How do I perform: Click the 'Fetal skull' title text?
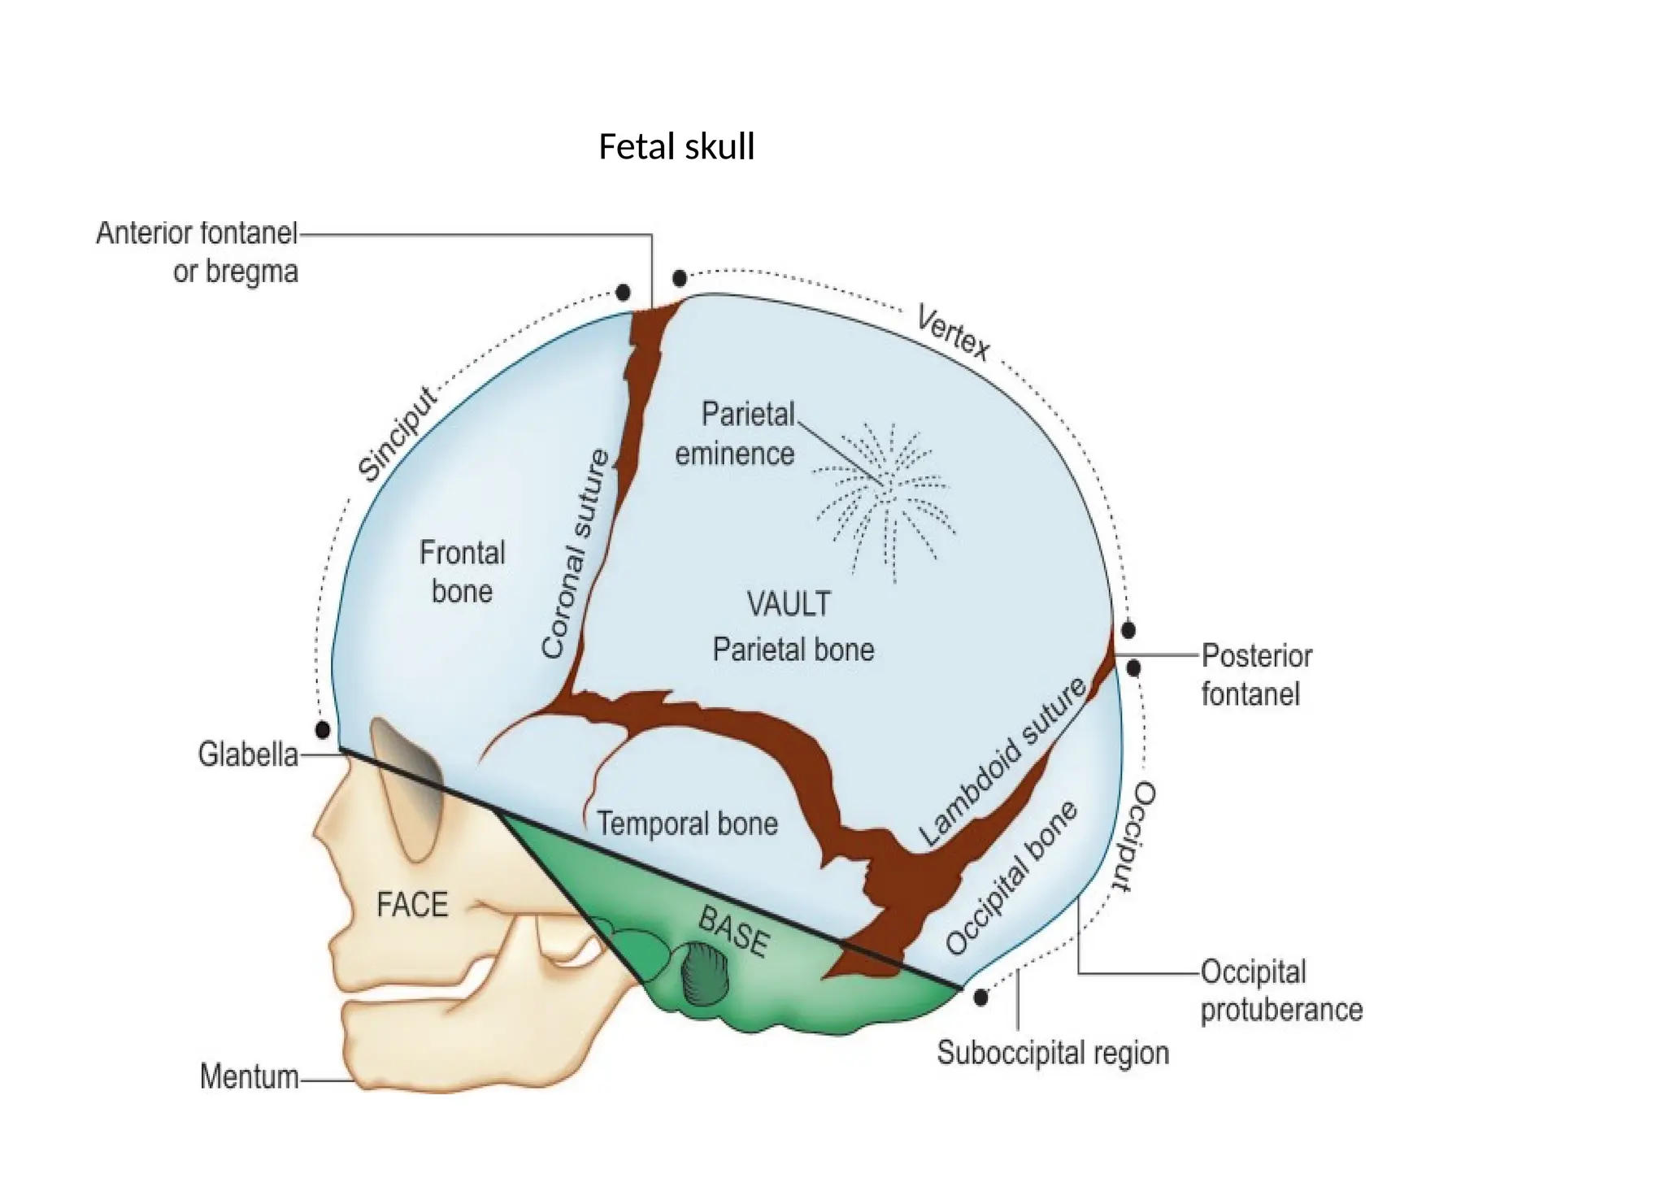[676, 147]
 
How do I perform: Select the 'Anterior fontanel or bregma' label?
[198, 252]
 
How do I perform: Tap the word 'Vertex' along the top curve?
[953, 332]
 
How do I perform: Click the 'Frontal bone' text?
[462, 572]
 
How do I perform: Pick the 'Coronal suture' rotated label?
[576, 554]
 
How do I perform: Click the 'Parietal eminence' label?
[735, 434]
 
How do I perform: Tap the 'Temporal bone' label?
[688, 824]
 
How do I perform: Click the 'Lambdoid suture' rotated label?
[1003, 763]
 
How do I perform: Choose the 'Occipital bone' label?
[1012, 879]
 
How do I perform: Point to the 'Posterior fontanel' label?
[1256, 675]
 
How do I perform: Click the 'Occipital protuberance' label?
[1281, 991]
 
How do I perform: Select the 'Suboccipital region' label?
[1053, 1053]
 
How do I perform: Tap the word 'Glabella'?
[248, 755]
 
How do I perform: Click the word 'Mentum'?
[250, 1077]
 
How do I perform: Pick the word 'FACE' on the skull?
[412, 905]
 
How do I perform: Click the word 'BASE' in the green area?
[733, 932]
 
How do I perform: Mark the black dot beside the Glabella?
[323, 729]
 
